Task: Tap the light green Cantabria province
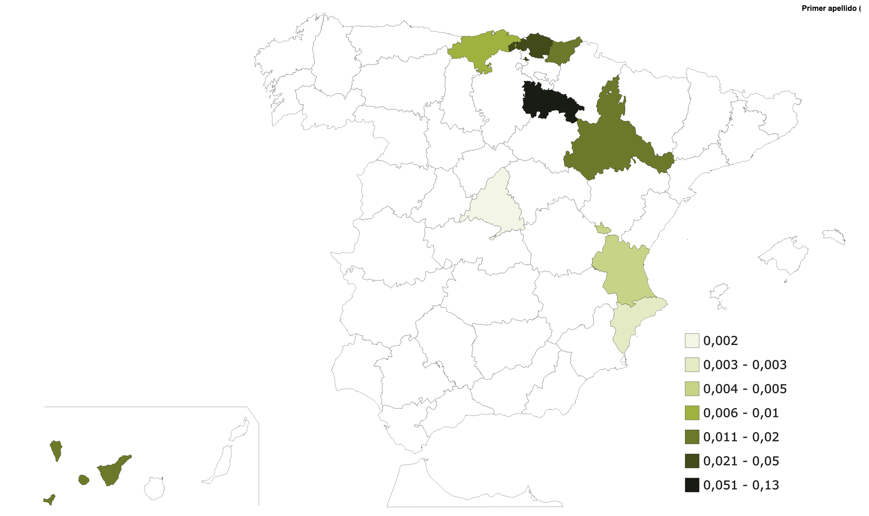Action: point(483,49)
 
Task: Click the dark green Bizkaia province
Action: point(535,45)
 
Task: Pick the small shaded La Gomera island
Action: point(83,480)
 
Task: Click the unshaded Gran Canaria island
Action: point(154,488)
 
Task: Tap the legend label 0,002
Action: point(720,341)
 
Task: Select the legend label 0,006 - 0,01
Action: point(741,413)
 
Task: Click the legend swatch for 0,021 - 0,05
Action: point(692,461)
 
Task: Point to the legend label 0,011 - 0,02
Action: point(741,437)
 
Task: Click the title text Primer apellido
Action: point(829,8)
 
